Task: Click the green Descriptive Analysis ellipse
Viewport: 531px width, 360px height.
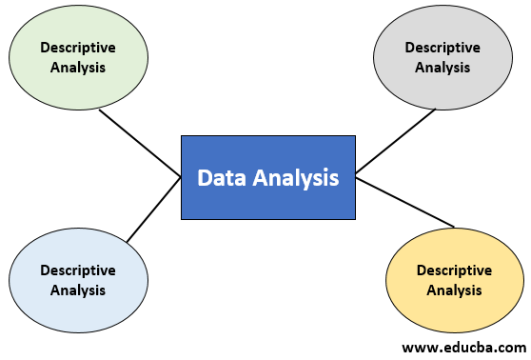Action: coord(79,56)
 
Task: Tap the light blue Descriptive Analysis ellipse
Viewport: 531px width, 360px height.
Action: coord(78,280)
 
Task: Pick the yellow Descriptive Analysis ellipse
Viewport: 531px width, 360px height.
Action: coord(454,280)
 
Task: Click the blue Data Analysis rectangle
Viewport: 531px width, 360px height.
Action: coord(267,177)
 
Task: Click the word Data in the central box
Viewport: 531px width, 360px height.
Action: coord(219,177)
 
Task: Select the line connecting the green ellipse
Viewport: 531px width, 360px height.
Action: coord(140,143)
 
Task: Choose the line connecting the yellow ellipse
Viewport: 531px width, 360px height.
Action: coord(404,202)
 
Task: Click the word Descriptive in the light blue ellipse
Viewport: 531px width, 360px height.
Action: coord(78,270)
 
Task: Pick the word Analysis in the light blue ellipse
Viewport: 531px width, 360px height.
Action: coord(78,290)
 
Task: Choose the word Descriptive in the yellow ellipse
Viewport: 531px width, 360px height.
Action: coord(454,270)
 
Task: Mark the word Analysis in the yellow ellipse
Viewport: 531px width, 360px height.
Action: coord(454,290)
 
